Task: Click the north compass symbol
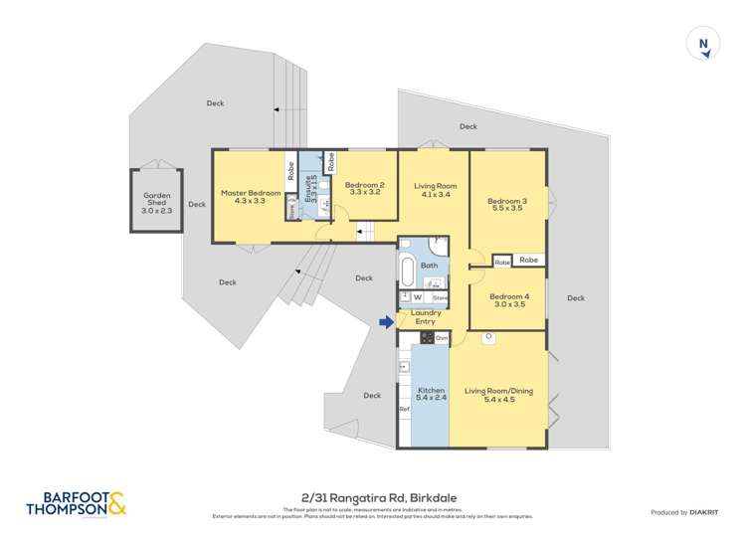point(704,44)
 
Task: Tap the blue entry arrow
point(386,320)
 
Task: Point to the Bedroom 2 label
point(364,185)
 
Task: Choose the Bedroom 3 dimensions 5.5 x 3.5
point(507,209)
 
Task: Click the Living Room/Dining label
point(498,391)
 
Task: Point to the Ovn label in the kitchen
point(442,339)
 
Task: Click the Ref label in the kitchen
point(404,409)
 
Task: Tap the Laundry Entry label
point(425,317)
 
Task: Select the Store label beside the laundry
point(440,296)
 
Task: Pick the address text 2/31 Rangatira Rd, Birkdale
point(373,498)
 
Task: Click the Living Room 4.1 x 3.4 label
point(435,190)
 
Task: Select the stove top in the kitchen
point(425,338)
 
